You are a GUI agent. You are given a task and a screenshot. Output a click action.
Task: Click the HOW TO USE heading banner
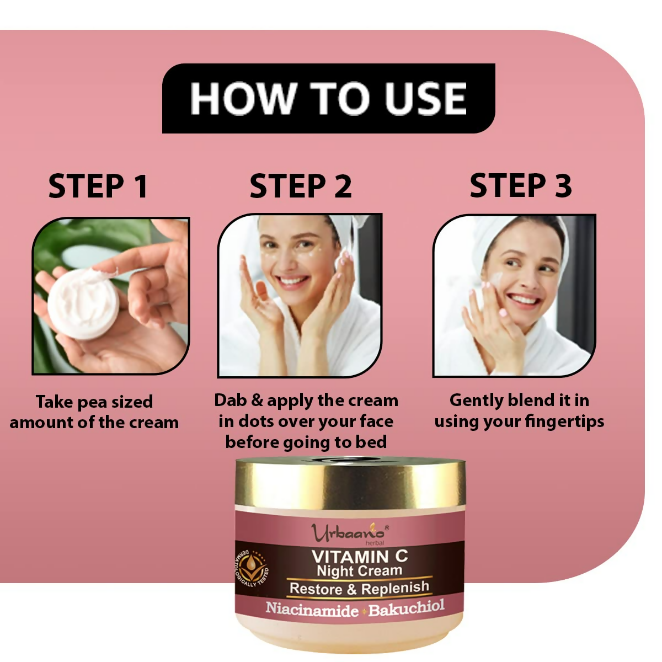point(328,98)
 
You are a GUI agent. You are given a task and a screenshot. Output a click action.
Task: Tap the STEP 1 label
point(98,186)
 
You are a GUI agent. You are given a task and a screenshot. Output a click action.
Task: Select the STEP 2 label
point(301,186)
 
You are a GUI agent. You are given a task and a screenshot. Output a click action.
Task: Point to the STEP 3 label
point(520,185)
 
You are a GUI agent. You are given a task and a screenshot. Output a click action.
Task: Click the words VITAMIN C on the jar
point(360,556)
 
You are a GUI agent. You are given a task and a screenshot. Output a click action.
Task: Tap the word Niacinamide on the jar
point(312,609)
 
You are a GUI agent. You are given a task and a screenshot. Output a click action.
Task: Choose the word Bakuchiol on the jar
point(407,608)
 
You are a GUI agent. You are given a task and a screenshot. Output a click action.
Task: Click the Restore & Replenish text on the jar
point(359,588)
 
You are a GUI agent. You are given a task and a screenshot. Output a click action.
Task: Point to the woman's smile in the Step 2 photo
point(292,282)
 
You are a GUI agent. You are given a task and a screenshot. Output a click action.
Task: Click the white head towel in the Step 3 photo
point(485,237)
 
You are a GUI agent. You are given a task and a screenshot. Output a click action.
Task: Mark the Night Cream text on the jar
point(359,571)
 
